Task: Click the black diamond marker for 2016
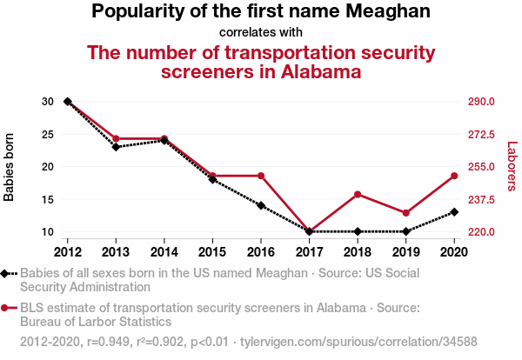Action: tap(261, 205)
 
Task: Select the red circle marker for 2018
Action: tap(358, 194)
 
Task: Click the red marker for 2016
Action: tap(261, 176)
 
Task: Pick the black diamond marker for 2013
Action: tap(116, 147)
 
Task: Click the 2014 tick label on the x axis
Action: tap(164, 252)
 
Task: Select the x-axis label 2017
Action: tap(310, 252)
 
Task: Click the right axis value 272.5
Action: tap(482, 134)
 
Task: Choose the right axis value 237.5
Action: tap(482, 199)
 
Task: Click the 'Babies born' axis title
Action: tap(10, 167)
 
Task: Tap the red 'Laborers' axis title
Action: tap(512, 167)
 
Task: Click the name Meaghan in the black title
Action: tap(388, 12)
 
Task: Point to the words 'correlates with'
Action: tap(261, 33)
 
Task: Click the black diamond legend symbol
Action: tap(6, 273)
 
